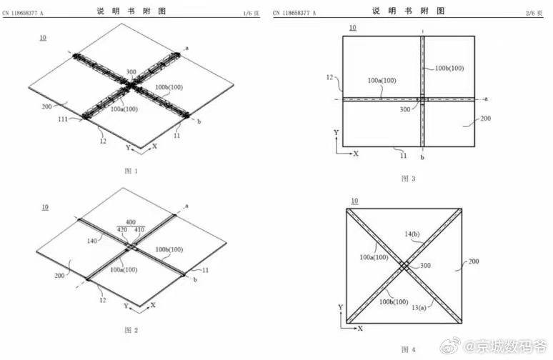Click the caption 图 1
(x=131, y=171)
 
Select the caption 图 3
(x=408, y=178)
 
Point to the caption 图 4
(x=408, y=349)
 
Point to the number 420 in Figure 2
(x=122, y=231)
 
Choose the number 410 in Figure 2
(x=139, y=231)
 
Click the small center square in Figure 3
(x=422, y=99)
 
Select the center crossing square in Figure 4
(x=405, y=266)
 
